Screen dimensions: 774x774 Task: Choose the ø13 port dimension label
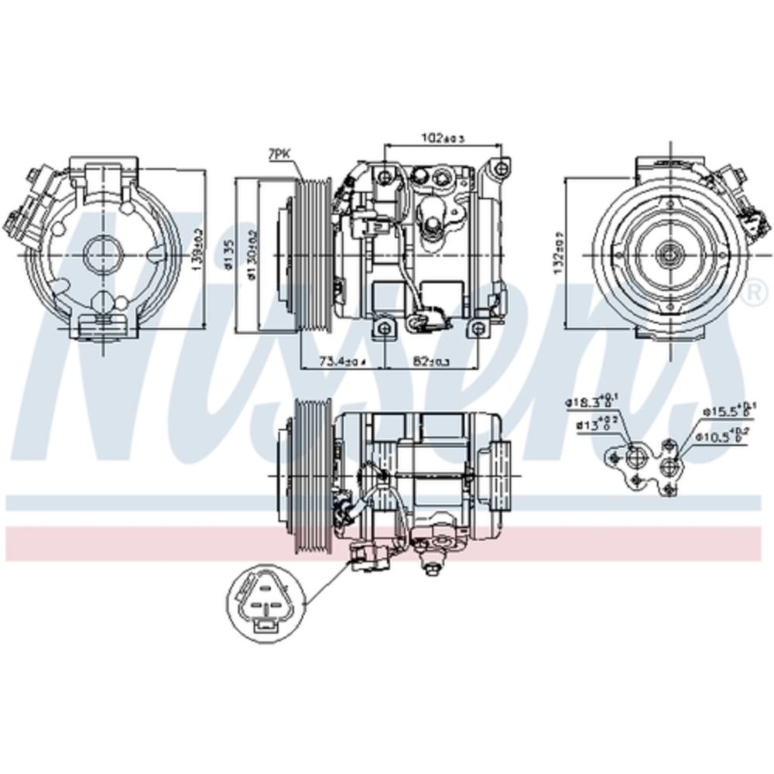click(594, 424)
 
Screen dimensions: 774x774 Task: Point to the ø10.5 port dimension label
click(726, 437)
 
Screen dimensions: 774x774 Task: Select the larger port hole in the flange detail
click(636, 457)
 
